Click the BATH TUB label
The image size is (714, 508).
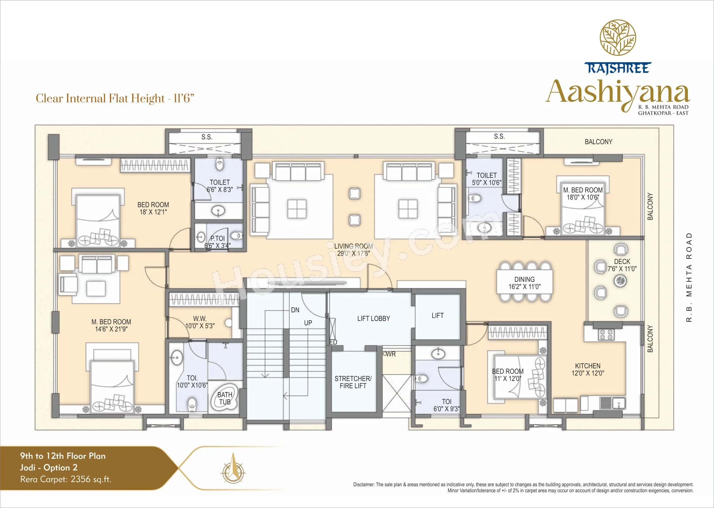[x=225, y=398]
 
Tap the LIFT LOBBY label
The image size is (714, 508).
[x=374, y=318]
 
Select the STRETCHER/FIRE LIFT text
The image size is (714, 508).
[x=353, y=382]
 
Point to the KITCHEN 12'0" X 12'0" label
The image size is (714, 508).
[x=588, y=370]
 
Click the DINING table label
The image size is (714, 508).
[x=524, y=283]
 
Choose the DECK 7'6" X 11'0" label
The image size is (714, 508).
[x=622, y=265]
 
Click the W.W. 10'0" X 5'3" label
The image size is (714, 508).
[x=200, y=322]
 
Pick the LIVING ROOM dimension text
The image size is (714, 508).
[x=354, y=253]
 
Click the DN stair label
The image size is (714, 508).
[x=295, y=310]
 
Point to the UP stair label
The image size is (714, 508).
[x=308, y=323]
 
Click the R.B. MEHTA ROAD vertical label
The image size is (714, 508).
[x=689, y=277]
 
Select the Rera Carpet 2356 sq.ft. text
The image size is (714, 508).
[x=66, y=479]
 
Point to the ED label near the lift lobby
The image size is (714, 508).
[x=333, y=342]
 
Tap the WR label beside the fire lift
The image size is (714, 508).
[x=391, y=354]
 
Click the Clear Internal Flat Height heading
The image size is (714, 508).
[x=115, y=98]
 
